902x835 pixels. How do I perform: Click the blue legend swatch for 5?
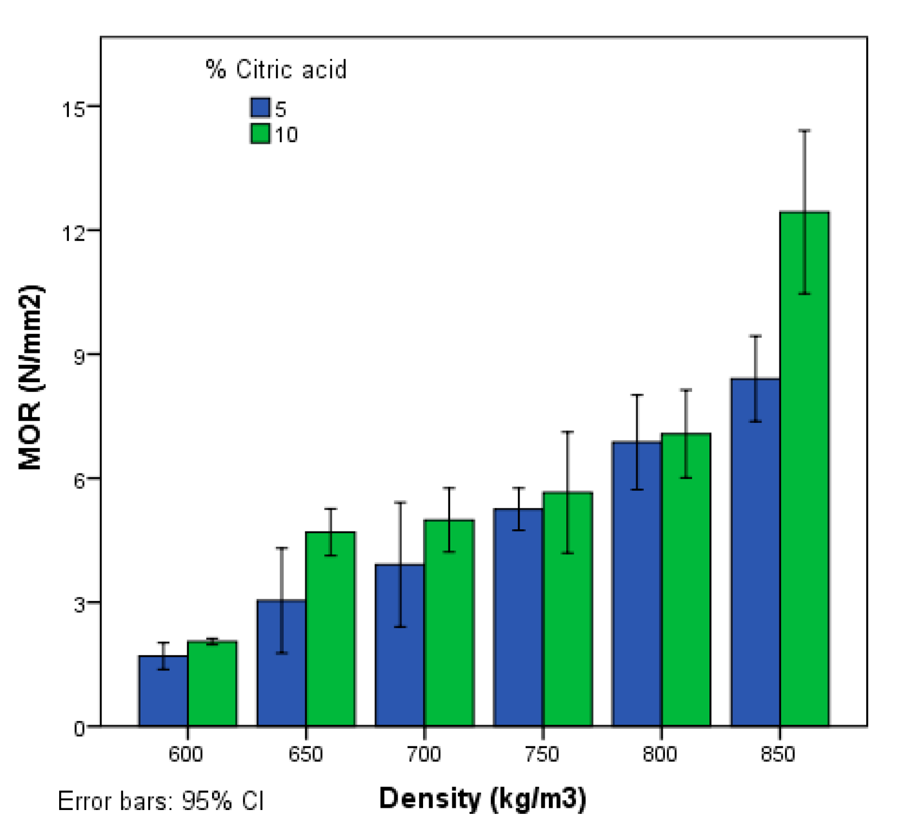tap(260, 107)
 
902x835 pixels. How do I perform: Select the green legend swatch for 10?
tap(260, 134)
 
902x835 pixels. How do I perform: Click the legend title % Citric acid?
tap(276, 69)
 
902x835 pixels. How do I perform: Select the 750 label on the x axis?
tap(542, 754)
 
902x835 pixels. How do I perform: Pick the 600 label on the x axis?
tap(186, 754)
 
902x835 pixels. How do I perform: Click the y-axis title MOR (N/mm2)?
tap(30, 377)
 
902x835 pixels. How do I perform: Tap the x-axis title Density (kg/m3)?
tap(482, 799)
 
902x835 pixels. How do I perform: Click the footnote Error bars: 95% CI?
tap(161, 801)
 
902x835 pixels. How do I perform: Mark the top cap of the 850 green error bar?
tap(804, 131)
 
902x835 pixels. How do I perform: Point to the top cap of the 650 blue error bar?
tap(282, 548)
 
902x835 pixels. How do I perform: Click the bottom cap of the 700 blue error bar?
tap(400, 627)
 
